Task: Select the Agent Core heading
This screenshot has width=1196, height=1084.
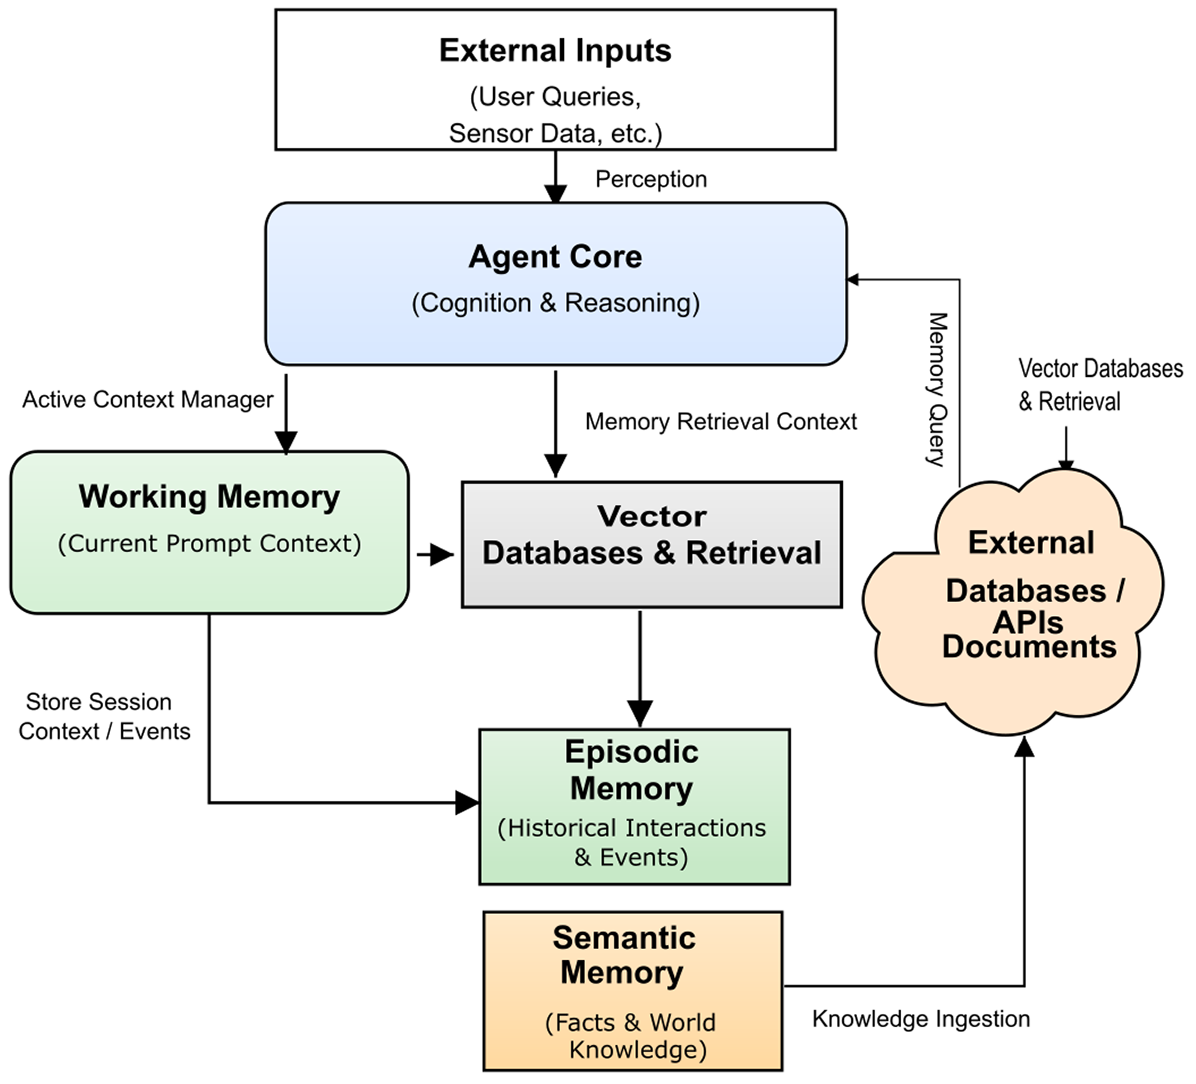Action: (x=555, y=257)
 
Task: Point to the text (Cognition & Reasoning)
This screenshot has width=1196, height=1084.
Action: (x=555, y=303)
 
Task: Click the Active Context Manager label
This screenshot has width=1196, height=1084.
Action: (x=148, y=399)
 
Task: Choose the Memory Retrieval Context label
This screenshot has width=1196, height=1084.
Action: (x=721, y=421)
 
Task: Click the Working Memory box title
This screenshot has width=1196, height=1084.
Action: (x=209, y=497)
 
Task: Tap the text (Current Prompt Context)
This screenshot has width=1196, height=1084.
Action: (x=209, y=543)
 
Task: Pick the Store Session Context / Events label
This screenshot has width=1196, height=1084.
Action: (x=104, y=716)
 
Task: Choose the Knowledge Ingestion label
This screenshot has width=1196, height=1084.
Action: (x=921, y=1019)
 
